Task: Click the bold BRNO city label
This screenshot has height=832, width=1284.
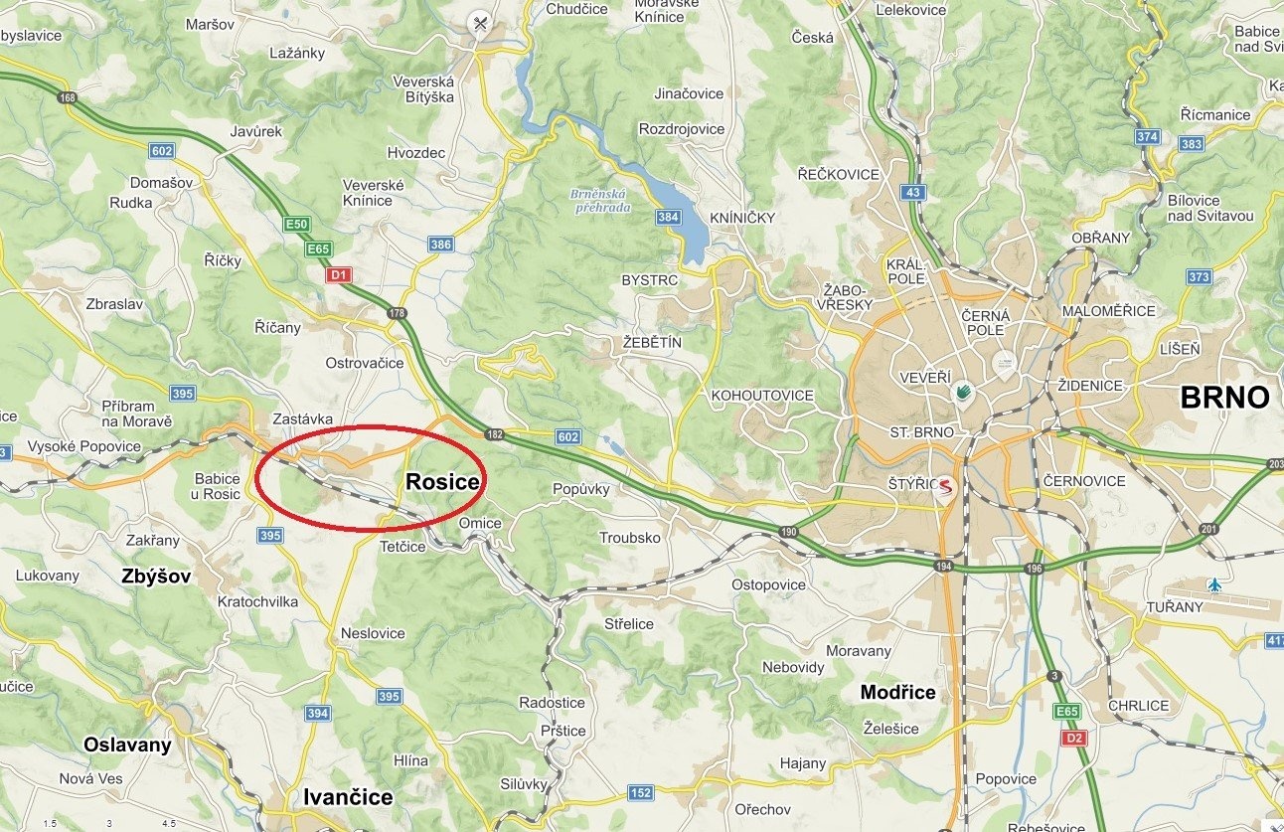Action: [1224, 398]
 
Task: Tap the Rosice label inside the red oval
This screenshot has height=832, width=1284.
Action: [443, 482]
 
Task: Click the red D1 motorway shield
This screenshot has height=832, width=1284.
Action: [339, 273]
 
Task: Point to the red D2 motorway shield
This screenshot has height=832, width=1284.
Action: [1073, 738]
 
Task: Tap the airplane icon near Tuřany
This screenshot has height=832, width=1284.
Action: [1213, 583]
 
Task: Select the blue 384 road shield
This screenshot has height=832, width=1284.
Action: [669, 217]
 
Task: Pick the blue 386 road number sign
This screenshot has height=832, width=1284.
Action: [440, 244]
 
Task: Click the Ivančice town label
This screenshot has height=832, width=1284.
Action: [348, 797]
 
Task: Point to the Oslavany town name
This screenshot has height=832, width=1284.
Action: [127, 745]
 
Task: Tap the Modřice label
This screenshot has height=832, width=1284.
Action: [898, 693]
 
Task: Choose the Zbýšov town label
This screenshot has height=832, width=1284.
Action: [156, 576]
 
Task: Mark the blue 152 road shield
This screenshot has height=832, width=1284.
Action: [641, 792]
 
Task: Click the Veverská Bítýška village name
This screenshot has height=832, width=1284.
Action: [423, 89]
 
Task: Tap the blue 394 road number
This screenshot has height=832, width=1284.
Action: [318, 713]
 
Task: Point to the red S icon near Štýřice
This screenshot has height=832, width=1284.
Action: [943, 487]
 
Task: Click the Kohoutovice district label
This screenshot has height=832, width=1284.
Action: [762, 396]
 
